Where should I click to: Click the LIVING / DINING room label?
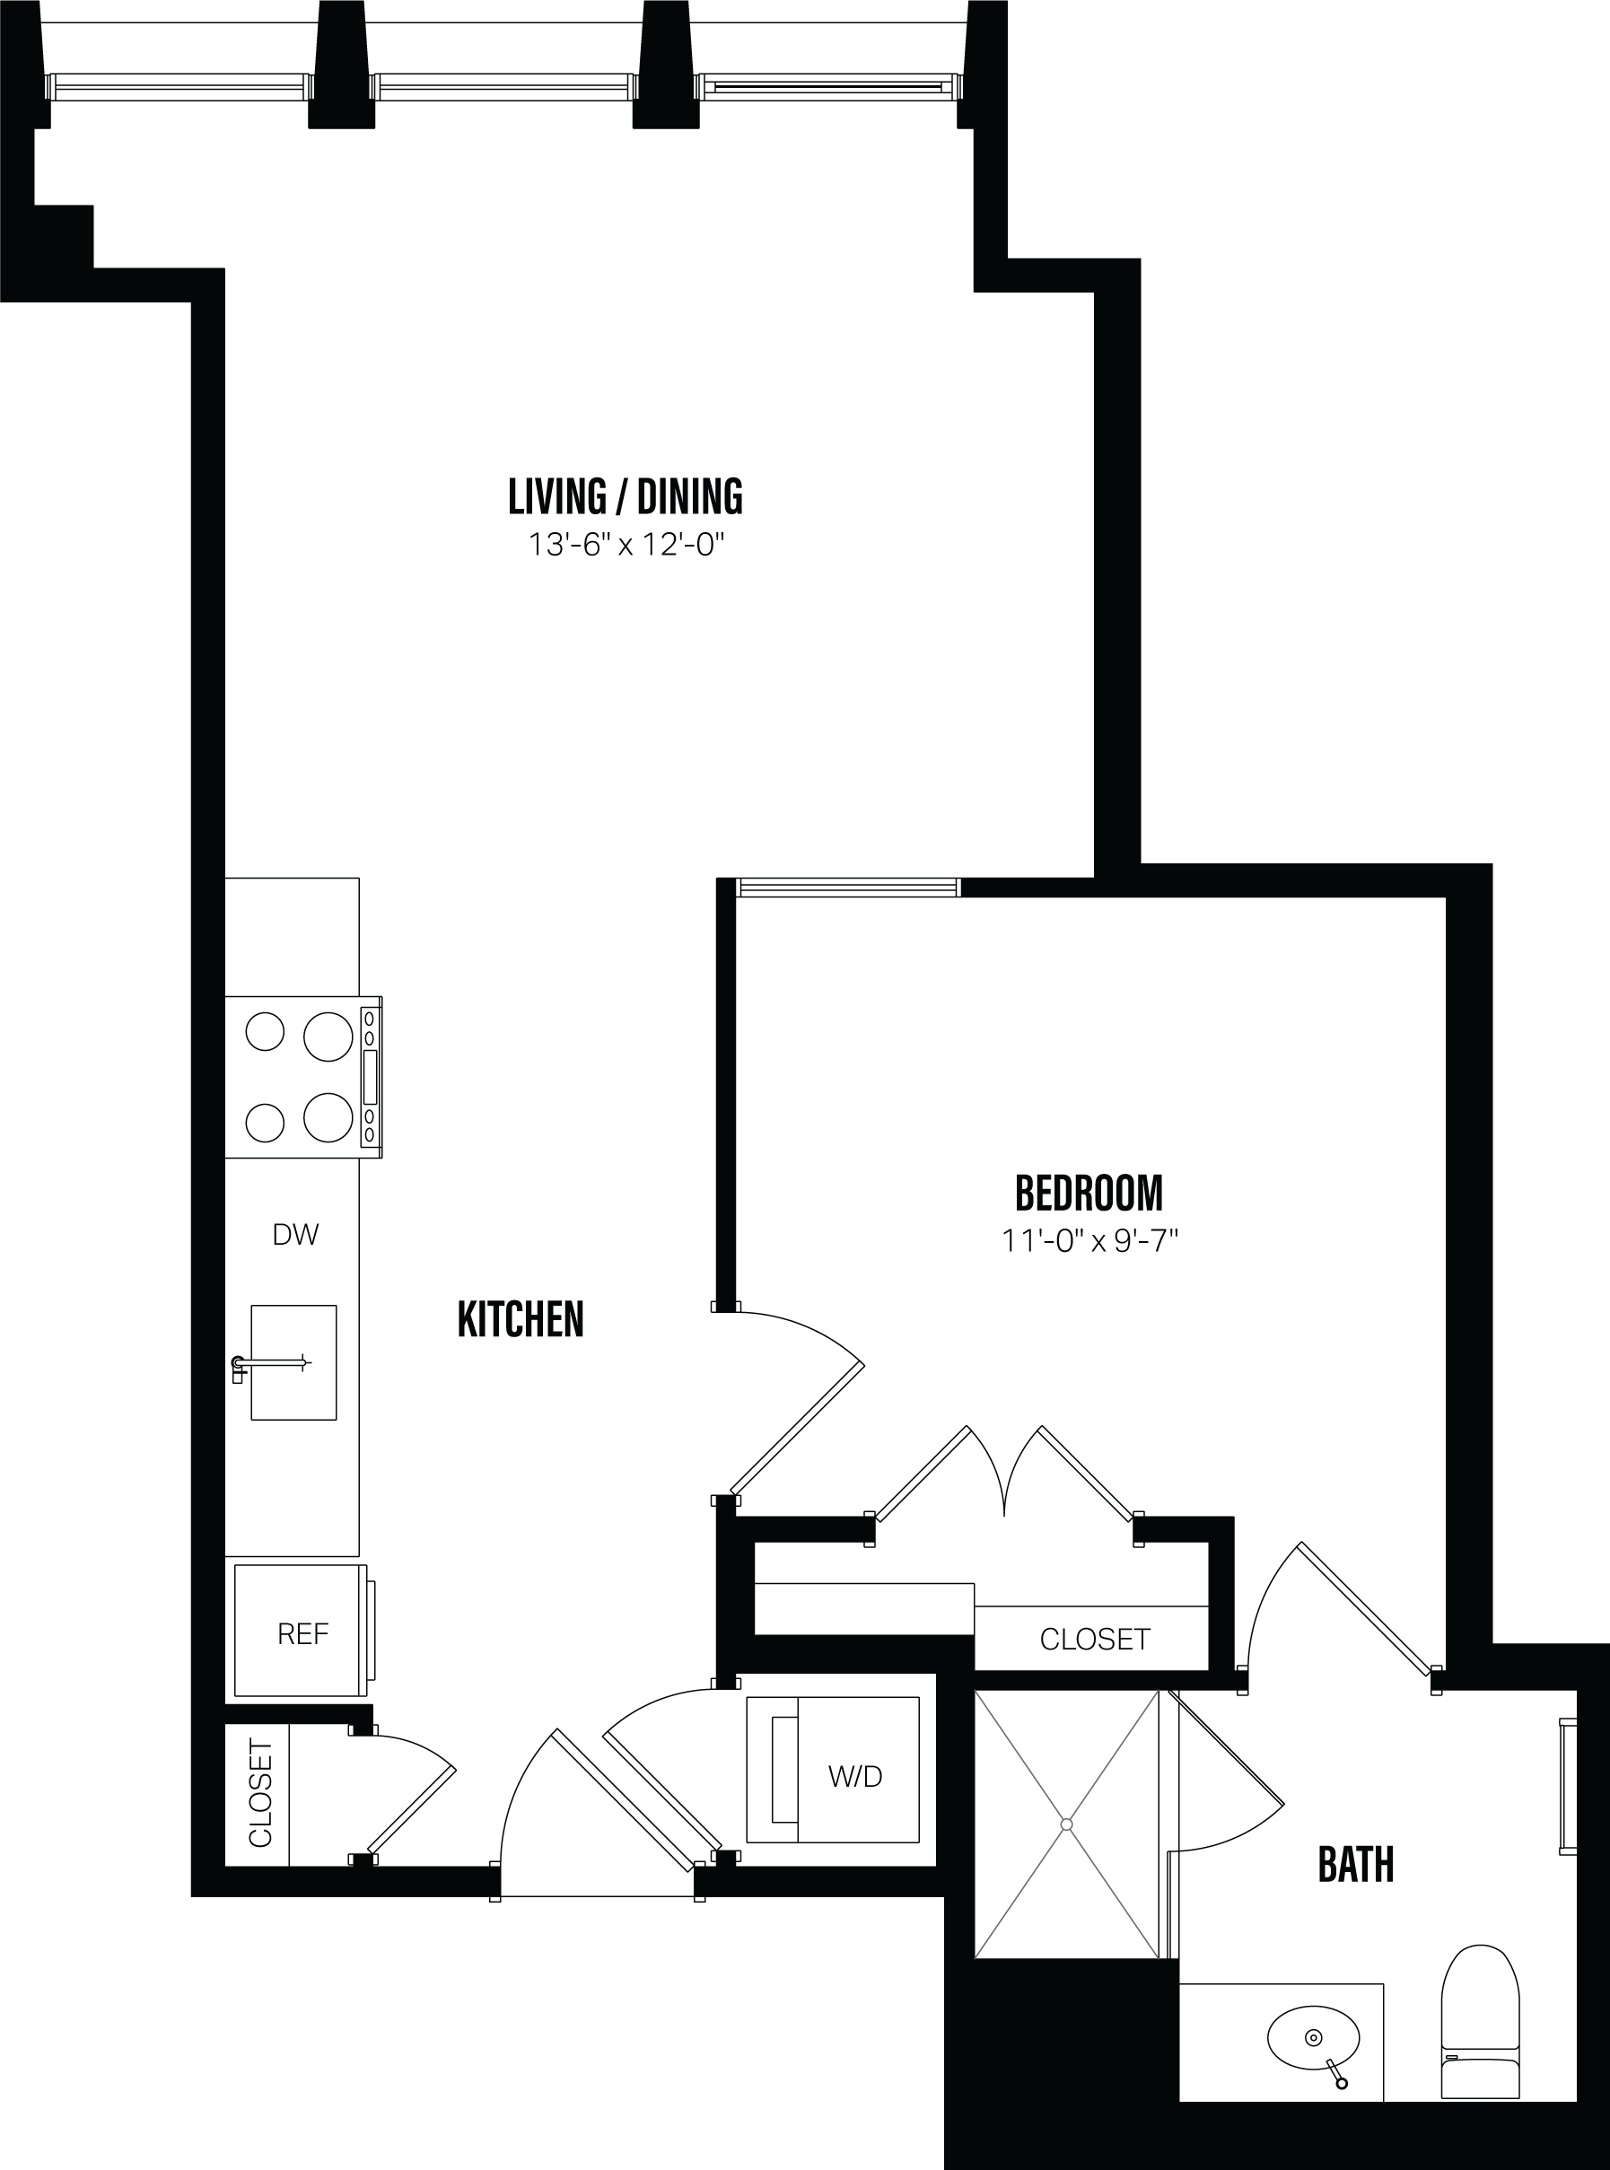tap(625, 497)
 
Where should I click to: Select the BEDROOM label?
tap(1089, 1193)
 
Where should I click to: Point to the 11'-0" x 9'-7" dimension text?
tap(1089, 1240)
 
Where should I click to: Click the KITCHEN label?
tap(521, 1319)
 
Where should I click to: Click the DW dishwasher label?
tap(295, 1235)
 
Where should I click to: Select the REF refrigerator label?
tap(302, 1634)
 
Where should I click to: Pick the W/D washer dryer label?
tap(854, 1776)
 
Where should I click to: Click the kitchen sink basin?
tap(293, 1362)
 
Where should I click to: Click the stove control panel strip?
tap(370, 1077)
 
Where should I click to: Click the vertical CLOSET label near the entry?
tap(259, 1793)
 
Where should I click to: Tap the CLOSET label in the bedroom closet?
tap(1095, 1639)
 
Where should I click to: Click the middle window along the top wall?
tap(503, 88)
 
